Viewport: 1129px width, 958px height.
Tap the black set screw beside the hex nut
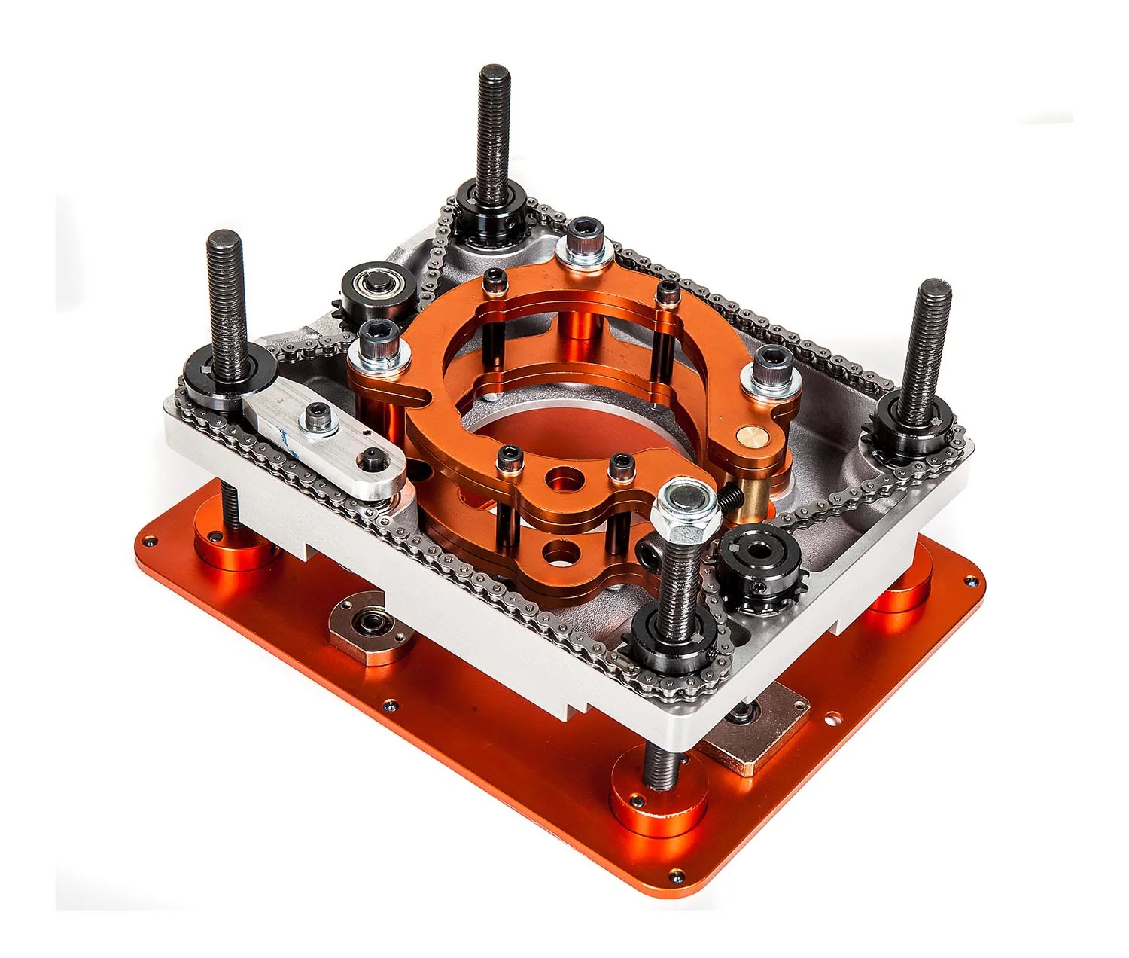click(729, 497)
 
